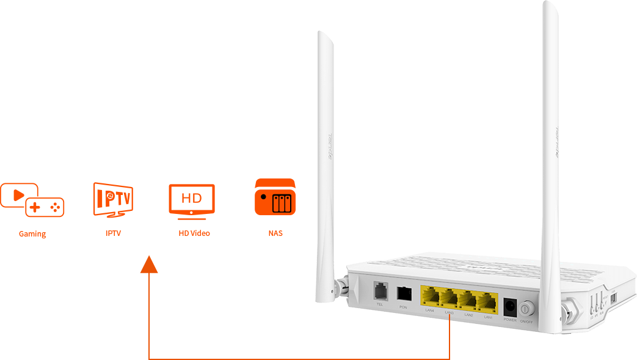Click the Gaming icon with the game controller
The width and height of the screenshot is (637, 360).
(x=33, y=200)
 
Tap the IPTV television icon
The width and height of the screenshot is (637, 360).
(x=113, y=199)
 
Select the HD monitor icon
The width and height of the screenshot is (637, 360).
(x=192, y=199)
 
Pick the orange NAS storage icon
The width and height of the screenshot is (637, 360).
(x=275, y=197)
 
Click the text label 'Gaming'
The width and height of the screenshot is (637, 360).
(x=32, y=234)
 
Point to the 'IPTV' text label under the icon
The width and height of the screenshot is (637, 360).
(x=113, y=233)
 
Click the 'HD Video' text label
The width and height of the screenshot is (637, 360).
(x=194, y=233)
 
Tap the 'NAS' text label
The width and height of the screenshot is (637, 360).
(x=275, y=233)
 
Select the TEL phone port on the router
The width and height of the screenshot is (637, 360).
(x=380, y=290)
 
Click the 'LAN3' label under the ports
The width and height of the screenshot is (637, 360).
(x=449, y=312)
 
